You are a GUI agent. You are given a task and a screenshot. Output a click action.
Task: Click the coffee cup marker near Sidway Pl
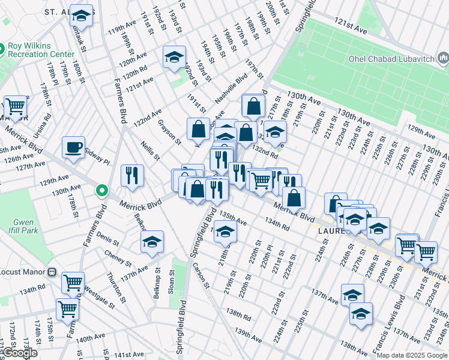pyautogui.click(x=74, y=147)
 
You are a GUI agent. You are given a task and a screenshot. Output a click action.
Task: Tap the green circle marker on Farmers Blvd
pyautogui.click(x=102, y=191)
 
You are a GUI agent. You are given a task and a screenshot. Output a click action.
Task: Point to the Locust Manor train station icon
pyautogui.click(x=52, y=272)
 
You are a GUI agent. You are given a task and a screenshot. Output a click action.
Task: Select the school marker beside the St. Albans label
pyautogui.click(x=81, y=16)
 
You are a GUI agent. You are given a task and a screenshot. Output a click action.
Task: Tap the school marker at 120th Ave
pyautogui.click(x=174, y=58)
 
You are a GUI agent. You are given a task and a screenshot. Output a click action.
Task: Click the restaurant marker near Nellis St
pyautogui.click(x=132, y=175)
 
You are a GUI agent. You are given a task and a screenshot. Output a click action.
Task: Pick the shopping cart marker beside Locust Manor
pyautogui.click(x=73, y=282)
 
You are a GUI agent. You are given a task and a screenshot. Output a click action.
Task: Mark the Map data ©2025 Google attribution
pyautogui.click(x=412, y=355)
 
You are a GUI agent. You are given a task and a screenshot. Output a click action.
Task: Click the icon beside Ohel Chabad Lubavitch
pyautogui.click(x=443, y=58)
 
